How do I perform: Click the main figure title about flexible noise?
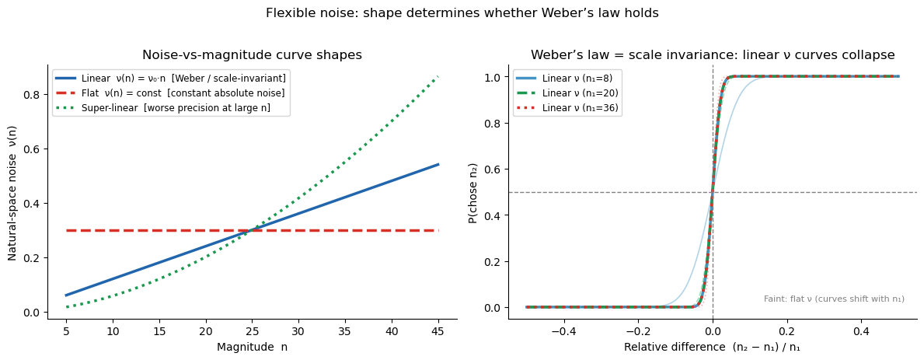pos(462,13)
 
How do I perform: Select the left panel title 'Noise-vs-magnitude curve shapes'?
pos(252,55)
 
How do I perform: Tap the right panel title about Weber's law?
pos(713,55)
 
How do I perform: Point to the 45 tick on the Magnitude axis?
pos(438,330)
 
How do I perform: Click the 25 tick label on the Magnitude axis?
pos(253,330)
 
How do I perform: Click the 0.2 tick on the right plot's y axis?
pos(492,261)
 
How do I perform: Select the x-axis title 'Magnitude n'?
pos(252,347)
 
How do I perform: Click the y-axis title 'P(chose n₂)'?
pos(472,192)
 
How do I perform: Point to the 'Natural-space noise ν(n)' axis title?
pos(12,192)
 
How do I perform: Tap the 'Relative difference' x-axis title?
pos(713,347)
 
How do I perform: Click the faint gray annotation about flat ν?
pos(834,299)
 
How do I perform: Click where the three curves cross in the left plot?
pos(253,230)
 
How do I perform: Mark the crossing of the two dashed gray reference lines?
pos(713,192)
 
